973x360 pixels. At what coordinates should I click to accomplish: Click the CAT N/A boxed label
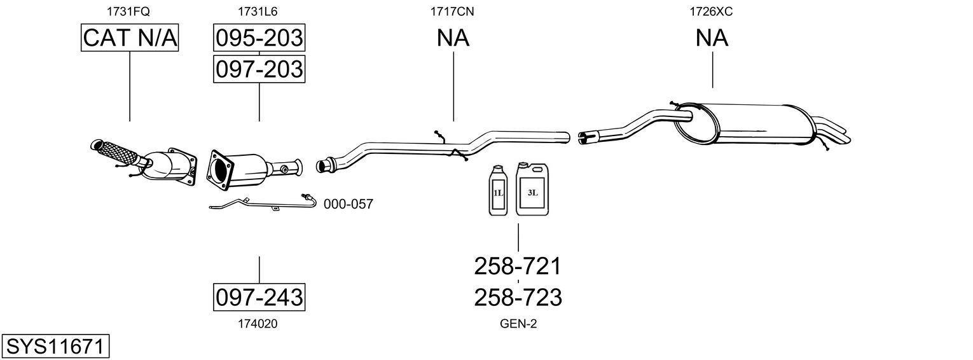(130, 38)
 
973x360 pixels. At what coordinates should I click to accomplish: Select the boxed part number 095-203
(259, 38)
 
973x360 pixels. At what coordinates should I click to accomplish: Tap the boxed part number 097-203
(259, 69)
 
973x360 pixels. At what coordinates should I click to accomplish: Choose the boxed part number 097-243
(259, 297)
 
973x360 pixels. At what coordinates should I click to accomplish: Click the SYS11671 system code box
(55, 347)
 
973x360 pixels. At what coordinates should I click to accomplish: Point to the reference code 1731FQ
(130, 11)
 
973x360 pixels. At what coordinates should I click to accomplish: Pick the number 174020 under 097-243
(258, 324)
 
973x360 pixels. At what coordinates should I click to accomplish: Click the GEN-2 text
(518, 324)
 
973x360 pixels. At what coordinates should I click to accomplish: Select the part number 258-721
(518, 267)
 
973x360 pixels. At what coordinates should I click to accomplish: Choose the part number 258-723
(518, 297)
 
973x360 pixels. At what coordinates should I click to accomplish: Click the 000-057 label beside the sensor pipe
(348, 204)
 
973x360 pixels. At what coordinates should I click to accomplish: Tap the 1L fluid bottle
(497, 191)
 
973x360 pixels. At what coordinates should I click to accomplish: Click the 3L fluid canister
(532, 190)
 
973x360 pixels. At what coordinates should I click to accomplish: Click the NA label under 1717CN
(453, 38)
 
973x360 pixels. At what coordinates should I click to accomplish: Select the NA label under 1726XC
(712, 38)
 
